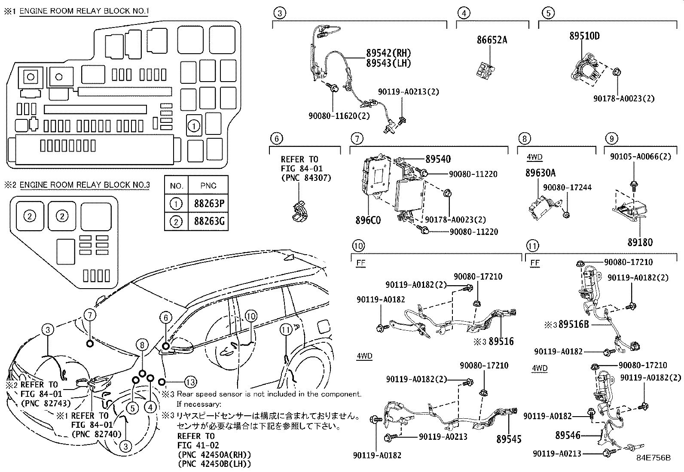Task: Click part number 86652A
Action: pyautogui.click(x=492, y=40)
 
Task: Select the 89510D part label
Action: pyautogui.click(x=584, y=36)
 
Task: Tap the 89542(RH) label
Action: pyautogui.click(x=388, y=53)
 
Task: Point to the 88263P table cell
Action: pyautogui.click(x=208, y=204)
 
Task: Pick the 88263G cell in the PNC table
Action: pyautogui.click(x=208, y=222)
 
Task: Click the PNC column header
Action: pyautogui.click(x=208, y=186)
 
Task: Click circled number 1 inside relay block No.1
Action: pyautogui.click(x=194, y=126)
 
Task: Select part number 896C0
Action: pyautogui.click(x=368, y=220)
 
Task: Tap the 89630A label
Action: pyautogui.click(x=540, y=173)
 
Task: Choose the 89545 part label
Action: pyautogui.click(x=509, y=439)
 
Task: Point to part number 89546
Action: pyautogui.click(x=568, y=435)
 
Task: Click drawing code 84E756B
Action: pyautogui.click(x=653, y=458)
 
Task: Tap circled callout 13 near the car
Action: pyautogui.click(x=190, y=382)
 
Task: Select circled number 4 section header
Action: pyautogui.click(x=464, y=13)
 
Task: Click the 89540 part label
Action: pyautogui.click(x=438, y=159)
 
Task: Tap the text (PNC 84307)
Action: pyautogui.click(x=305, y=177)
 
